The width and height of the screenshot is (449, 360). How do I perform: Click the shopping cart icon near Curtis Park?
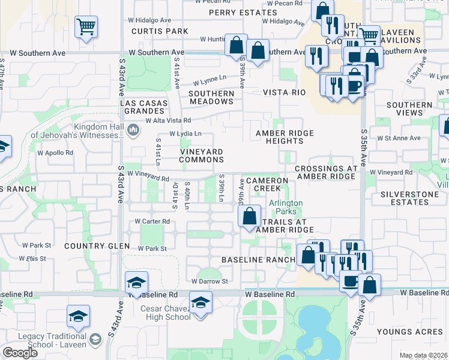(86, 26)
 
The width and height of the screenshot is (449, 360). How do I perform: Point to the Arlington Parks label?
(285, 207)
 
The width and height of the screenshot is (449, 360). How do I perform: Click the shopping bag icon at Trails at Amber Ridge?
(250, 216)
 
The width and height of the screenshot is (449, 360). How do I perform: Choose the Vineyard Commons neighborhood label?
(202, 155)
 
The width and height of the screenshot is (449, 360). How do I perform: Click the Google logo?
(20, 353)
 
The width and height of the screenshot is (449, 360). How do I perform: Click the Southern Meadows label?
(211, 97)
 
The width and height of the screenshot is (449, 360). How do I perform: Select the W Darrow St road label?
(210, 281)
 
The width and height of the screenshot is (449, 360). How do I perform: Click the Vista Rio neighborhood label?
(284, 92)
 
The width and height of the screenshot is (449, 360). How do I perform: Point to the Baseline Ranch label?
(258, 259)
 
